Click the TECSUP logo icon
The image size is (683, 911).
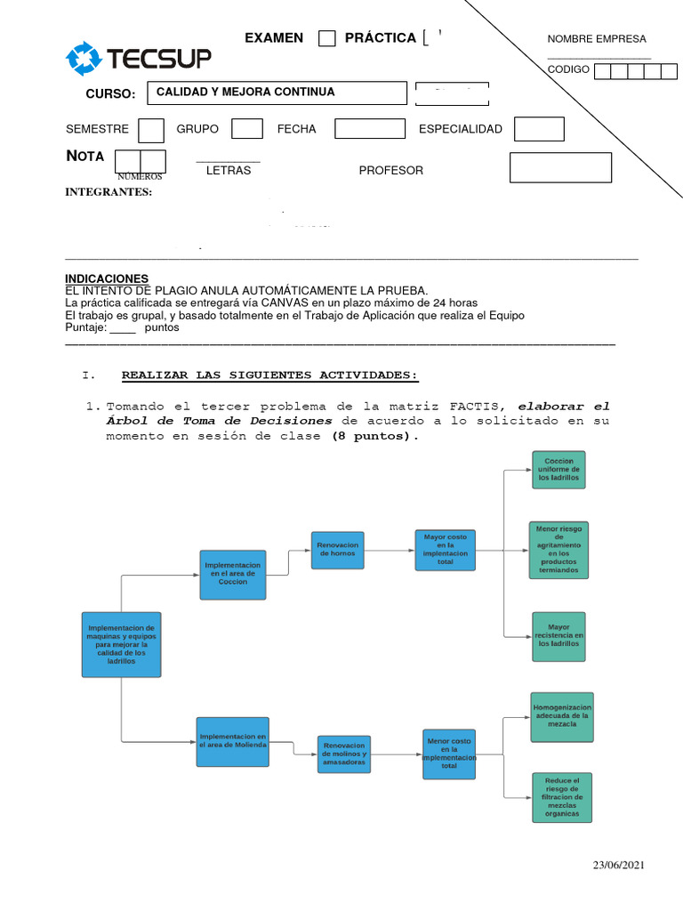(x=84, y=59)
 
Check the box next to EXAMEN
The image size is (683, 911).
(x=327, y=38)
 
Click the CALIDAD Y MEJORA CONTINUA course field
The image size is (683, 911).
(x=277, y=93)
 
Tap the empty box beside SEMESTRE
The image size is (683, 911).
(x=151, y=130)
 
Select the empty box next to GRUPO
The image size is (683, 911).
(x=247, y=129)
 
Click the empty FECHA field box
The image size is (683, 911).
(x=369, y=129)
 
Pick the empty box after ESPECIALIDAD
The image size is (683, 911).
(x=539, y=129)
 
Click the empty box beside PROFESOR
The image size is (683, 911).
(x=560, y=167)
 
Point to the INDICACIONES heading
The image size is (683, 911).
(x=108, y=279)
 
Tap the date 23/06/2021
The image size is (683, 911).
(x=619, y=865)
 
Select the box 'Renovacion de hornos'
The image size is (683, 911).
(x=338, y=550)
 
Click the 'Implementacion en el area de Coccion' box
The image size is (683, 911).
(x=233, y=575)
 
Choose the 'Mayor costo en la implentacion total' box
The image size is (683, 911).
(x=446, y=550)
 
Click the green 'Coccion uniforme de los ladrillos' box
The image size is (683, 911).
(x=558, y=470)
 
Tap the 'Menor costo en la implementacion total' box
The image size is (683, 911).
(x=449, y=754)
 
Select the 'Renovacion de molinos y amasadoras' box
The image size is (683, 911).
(x=344, y=754)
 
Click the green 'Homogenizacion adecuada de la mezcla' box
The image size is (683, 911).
(x=561, y=717)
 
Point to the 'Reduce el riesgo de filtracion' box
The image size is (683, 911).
(x=561, y=797)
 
